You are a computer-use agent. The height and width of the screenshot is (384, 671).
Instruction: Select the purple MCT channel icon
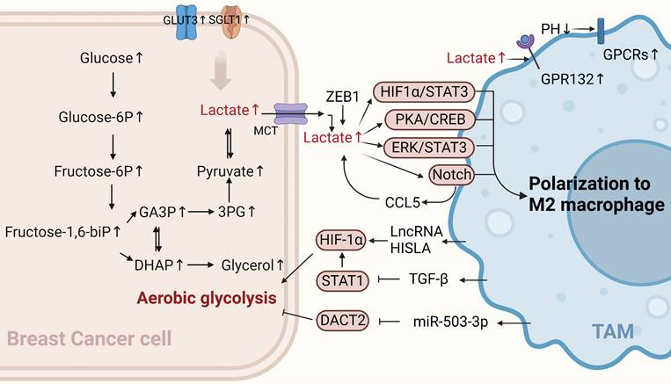(x=288, y=115)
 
